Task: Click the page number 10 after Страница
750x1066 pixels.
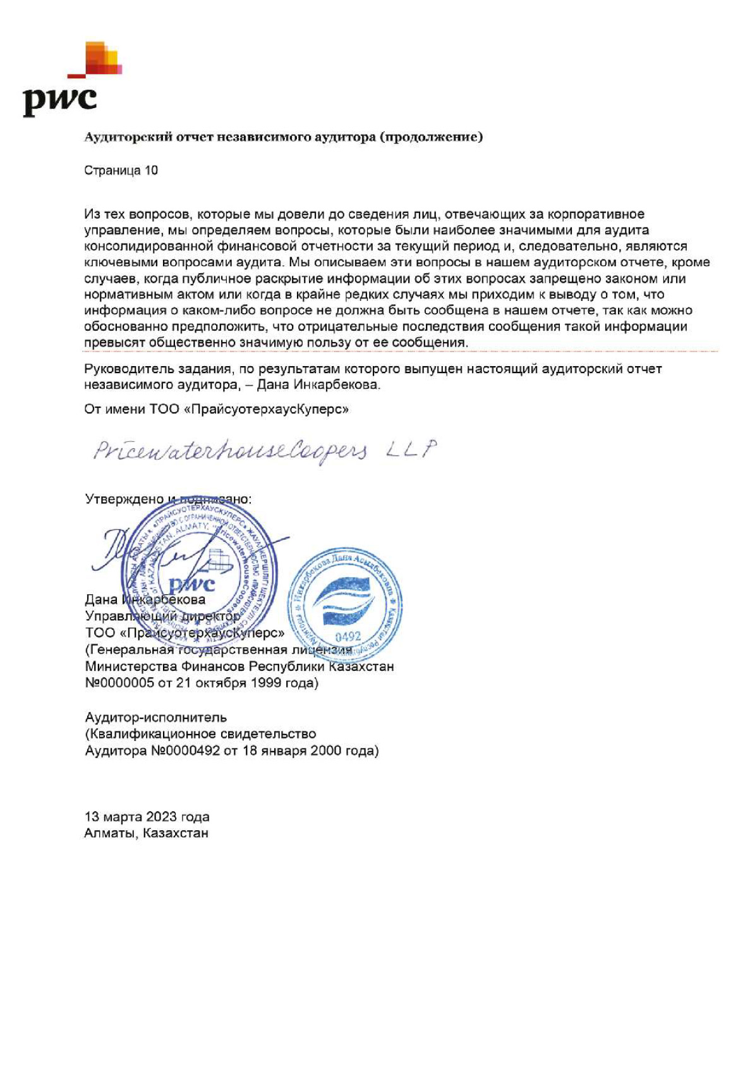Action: [151, 171]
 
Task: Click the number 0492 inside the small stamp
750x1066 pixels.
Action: [348, 637]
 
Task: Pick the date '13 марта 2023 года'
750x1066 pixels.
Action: [147, 817]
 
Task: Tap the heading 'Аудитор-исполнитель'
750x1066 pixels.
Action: [155, 718]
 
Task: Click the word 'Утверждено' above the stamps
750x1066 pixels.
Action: [124, 499]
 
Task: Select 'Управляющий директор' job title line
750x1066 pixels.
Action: [162, 616]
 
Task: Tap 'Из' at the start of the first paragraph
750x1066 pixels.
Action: [92, 214]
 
